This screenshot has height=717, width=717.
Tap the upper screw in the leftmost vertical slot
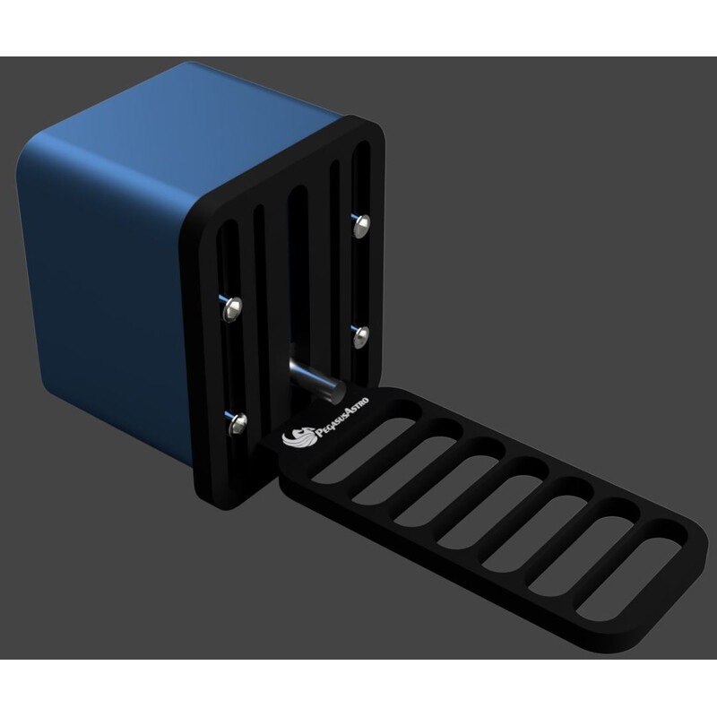point(231,308)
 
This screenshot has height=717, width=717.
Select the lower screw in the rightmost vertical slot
point(362,335)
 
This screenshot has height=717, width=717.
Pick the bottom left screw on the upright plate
point(237,419)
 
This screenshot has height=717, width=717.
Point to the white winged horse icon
point(296,436)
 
